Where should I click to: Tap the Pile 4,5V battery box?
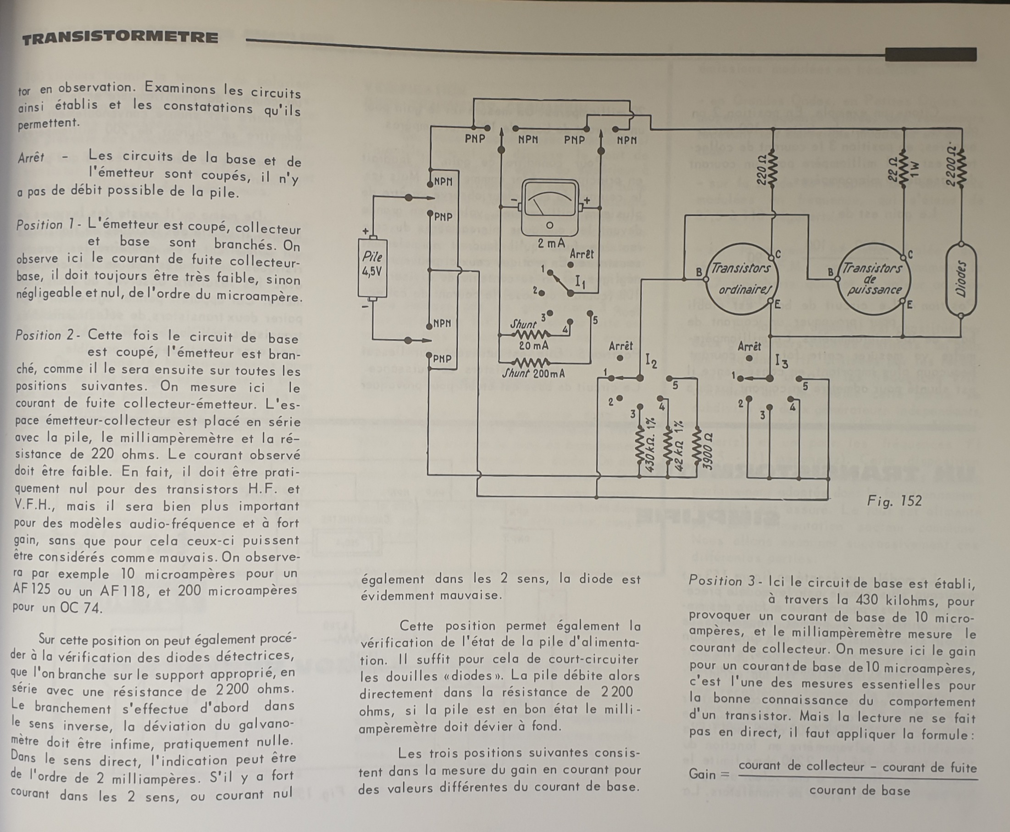[x=372, y=268]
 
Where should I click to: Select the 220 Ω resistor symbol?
[x=773, y=169]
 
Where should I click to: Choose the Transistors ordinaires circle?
[x=741, y=279]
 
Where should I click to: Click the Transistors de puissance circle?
[x=871, y=279]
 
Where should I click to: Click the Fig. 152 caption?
[x=893, y=501]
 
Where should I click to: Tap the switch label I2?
[x=651, y=360]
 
